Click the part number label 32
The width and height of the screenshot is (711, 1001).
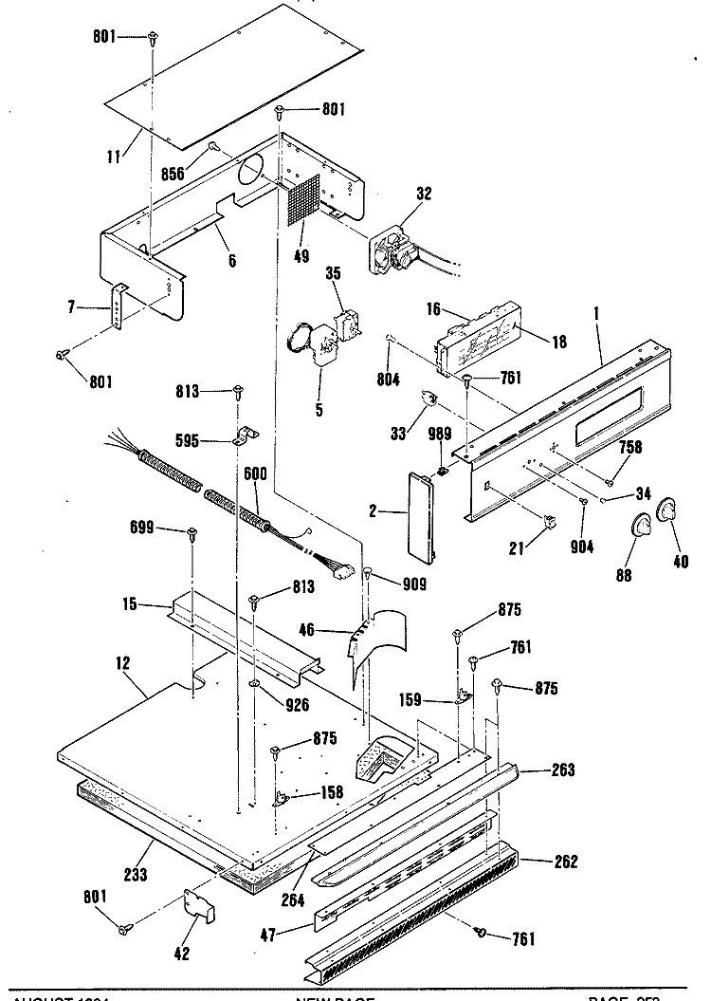tap(424, 195)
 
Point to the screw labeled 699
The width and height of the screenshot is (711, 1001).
tap(191, 533)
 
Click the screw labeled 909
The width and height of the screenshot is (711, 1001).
tap(368, 575)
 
